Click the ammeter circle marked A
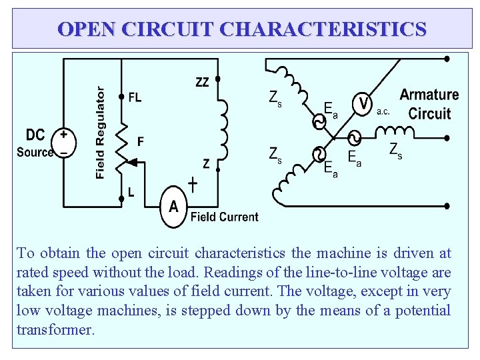(174, 206)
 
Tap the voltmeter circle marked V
(362, 104)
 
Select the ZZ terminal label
(202, 83)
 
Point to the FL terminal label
(135, 97)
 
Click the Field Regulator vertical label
(100, 133)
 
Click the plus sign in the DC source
(63, 133)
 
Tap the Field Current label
(224, 217)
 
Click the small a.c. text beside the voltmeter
(383, 112)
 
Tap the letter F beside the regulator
(140, 141)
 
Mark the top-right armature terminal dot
(447, 59)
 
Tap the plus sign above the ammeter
(193, 183)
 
